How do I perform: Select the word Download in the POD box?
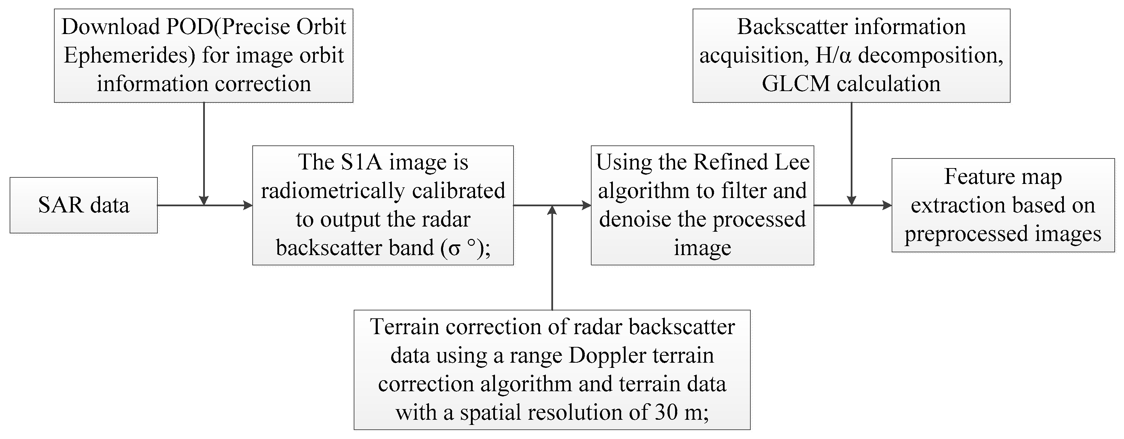pyautogui.click(x=111, y=27)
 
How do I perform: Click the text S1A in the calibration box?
pyautogui.click(x=362, y=162)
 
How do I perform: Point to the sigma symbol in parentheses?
pyautogui.click(x=454, y=248)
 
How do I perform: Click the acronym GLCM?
pyautogui.click(x=795, y=84)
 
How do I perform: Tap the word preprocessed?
pyautogui.click(x=965, y=234)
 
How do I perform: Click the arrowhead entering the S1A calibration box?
pyautogui.click(x=248, y=205)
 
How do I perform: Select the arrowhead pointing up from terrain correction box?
pyautogui.click(x=552, y=210)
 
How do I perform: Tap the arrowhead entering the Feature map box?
pyautogui.click(x=887, y=205)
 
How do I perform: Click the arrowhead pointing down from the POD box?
pyautogui.click(x=204, y=200)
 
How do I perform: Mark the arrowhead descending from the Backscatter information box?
pyautogui.click(x=851, y=200)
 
